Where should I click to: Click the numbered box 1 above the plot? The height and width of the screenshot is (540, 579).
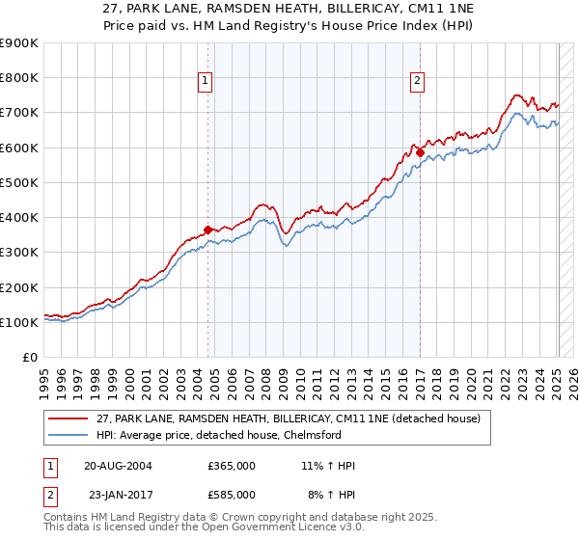207,82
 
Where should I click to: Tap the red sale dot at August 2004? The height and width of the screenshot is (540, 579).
208,229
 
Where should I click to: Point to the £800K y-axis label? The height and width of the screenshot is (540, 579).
19,77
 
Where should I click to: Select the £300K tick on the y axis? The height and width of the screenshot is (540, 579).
19,253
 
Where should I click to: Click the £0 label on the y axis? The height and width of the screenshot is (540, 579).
30,358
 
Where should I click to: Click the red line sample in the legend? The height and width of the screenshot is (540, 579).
69,418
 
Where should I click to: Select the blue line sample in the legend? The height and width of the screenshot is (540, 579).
69,435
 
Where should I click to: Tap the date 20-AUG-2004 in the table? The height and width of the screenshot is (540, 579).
118,466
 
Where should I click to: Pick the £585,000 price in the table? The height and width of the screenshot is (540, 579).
232,495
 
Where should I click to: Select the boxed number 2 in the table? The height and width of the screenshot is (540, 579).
48,495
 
